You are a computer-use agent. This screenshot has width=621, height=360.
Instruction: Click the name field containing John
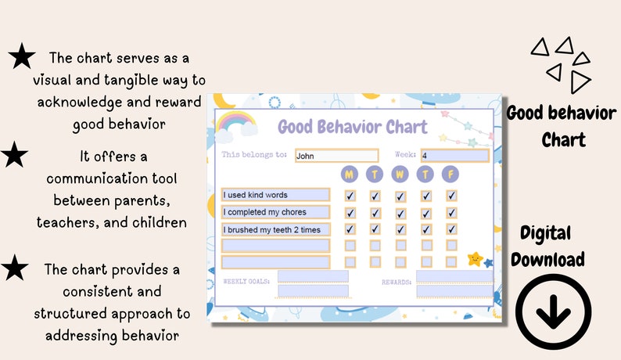click(x=336, y=156)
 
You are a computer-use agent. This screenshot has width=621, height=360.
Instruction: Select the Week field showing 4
click(x=454, y=155)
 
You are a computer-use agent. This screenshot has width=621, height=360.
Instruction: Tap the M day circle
click(x=350, y=174)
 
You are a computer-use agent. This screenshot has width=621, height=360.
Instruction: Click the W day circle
click(x=400, y=174)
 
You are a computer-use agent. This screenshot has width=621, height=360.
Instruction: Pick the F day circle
click(x=451, y=174)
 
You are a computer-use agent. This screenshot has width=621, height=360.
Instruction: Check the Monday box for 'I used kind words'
click(x=350, y=196)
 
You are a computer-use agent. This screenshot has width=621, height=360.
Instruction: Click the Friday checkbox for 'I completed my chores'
click(x=451, y=213)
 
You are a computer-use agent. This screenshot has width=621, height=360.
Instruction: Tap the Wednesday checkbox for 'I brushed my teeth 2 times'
click(x=400, y=229)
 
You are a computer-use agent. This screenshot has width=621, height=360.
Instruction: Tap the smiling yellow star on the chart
click(x=475, y=258)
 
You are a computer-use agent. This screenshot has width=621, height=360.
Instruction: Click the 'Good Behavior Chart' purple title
click(x=353, y=127)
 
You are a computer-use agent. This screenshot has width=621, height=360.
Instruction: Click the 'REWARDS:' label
click(x=397, y=280)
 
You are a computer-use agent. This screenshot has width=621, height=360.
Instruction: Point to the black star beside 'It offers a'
click(x=15, y=155)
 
